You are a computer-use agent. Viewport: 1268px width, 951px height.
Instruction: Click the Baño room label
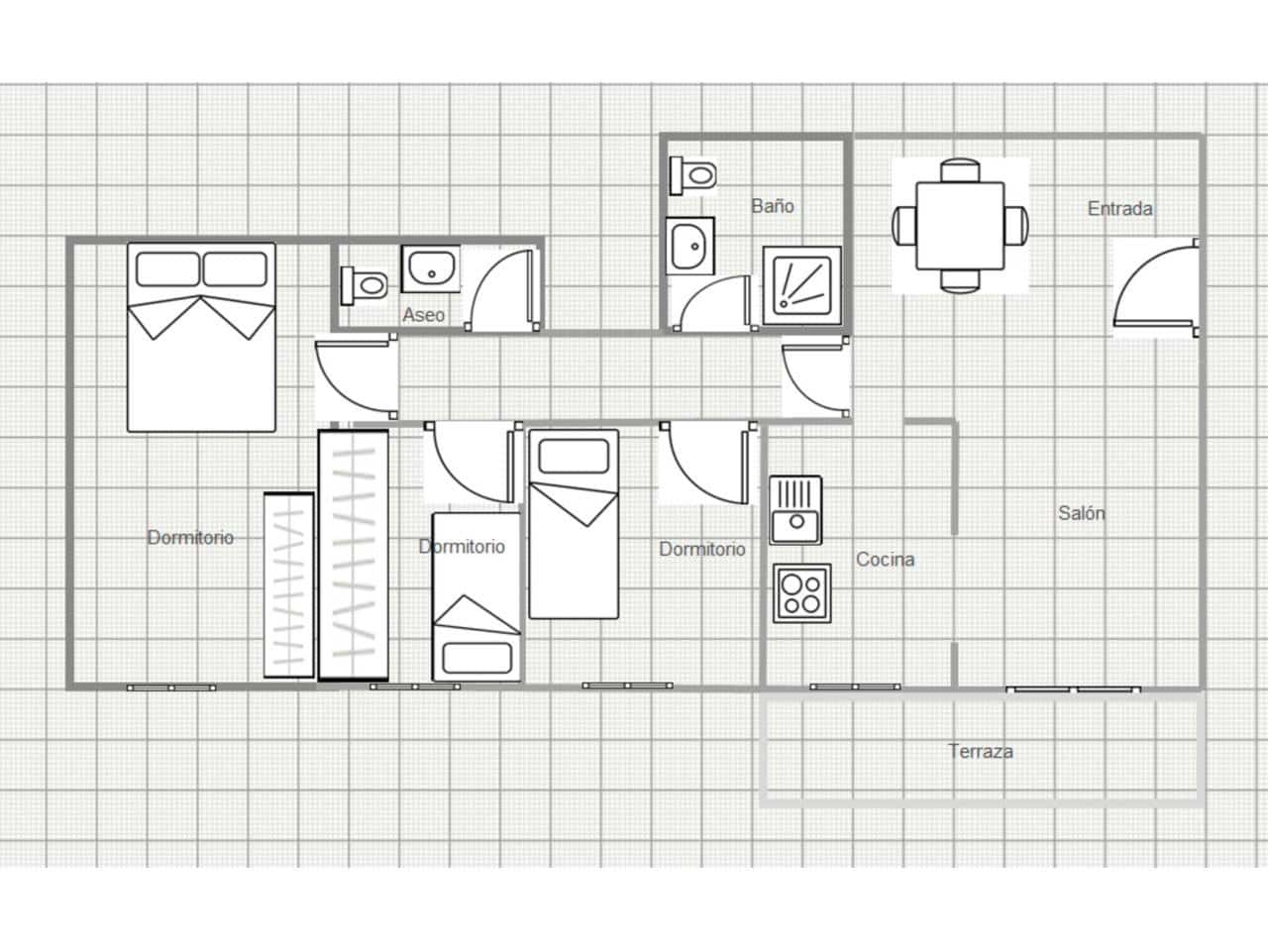[x=772, y=206]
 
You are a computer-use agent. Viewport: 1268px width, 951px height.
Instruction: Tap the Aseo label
[x=423, y=315]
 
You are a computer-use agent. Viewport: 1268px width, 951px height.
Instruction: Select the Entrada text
[x=1119, y=209]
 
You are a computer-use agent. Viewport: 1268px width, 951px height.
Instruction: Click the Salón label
[x=1081, y=513]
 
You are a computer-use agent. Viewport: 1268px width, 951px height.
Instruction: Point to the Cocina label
[x=885, y=560]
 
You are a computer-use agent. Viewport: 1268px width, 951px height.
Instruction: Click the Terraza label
[x=980, y=751]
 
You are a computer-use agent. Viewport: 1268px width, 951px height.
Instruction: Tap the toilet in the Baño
[x=693, y=175]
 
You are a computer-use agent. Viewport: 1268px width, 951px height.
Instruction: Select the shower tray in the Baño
[x=801, y=284]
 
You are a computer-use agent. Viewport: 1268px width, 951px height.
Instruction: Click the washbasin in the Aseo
[x=430, y=269]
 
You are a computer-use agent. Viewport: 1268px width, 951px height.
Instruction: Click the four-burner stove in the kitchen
[x=801, y=593]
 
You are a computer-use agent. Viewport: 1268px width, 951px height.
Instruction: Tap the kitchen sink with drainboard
[x=795, y=509]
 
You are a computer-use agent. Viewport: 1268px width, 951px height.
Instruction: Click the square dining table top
[x=960, y=225]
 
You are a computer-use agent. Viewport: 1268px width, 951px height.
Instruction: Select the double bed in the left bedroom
[x=201, y=337]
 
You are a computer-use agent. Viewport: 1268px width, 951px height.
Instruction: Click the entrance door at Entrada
[x=1154, y=287]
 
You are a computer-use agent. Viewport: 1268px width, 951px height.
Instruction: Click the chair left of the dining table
[x=903, y=225]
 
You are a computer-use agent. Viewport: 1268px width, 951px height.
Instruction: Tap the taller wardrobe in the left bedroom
[x=353, y=555]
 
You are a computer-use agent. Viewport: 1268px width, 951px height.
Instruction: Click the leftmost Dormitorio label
[x=190, y=537]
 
